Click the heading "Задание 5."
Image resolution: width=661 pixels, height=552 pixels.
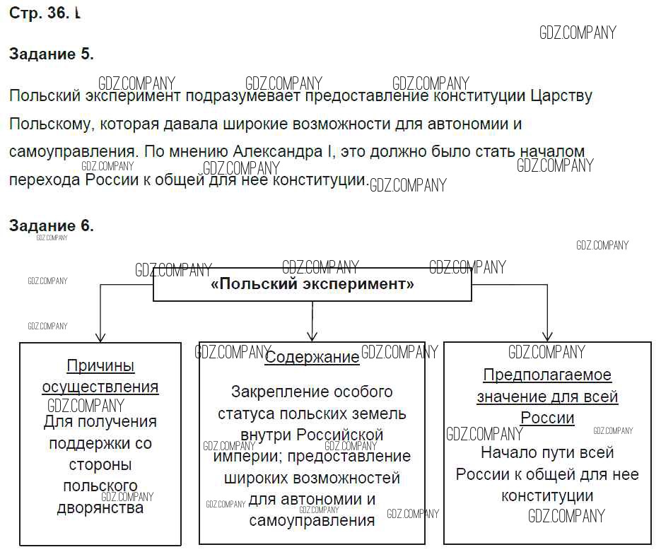pos(51,54)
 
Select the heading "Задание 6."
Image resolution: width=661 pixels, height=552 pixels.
pos(51,225)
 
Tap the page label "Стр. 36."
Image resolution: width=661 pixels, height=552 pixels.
pos(40,14)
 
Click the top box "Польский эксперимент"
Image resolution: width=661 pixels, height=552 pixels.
pos(312,284)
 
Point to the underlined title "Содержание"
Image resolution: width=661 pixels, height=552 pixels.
pos(312,357)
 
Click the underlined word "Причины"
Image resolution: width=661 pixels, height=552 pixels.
pos(100,365)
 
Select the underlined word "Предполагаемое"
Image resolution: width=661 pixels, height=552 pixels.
pos(547,375)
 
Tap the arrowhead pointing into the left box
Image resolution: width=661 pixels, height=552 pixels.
pos(100,337)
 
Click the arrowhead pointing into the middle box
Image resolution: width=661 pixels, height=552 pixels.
pos(312,336)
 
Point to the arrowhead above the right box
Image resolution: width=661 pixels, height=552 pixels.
pos(547,336)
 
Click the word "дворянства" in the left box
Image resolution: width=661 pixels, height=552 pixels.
pos(100,508)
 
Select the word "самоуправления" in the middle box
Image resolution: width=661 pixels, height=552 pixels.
pos(312,521)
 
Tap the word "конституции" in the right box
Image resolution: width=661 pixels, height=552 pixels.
pos(547,495)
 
